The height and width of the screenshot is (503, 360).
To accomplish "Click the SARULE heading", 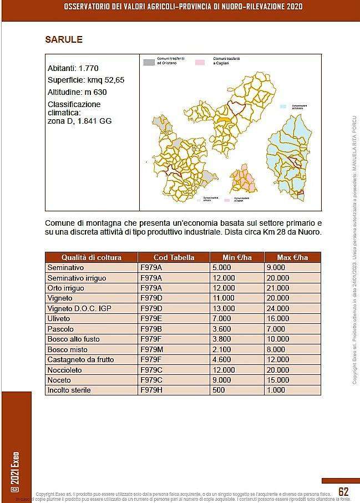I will point(64,39).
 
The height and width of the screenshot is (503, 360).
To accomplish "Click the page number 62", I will point(343,492).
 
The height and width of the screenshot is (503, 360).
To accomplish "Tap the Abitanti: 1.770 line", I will point(73,69).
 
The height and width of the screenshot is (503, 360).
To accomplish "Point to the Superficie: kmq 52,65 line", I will point(86,80).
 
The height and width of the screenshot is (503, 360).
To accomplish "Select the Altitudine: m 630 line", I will point(77,92).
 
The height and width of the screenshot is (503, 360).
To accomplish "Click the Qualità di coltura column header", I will point(92,257).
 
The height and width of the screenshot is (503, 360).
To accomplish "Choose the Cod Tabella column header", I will point(174,257).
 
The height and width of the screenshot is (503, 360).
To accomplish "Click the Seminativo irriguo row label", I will point(77,278).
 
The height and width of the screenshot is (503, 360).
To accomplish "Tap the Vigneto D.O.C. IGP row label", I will point(80,308).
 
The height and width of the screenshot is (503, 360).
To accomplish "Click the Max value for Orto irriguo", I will point(278,288).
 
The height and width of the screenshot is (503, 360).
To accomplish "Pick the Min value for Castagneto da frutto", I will point(223,359).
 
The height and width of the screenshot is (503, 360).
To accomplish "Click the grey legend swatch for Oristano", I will point(149,63).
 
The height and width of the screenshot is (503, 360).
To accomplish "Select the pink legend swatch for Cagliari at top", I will point(201,63).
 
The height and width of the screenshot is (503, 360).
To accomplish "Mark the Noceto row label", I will point(59,380).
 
